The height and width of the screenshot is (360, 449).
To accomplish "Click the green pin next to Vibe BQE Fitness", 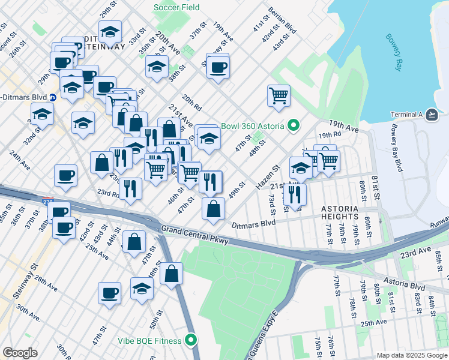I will click(191, 341).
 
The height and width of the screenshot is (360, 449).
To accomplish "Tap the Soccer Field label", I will click(176, 8).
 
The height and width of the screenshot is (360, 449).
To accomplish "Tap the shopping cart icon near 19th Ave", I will click(279, 95).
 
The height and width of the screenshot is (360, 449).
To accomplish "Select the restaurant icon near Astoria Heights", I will click(294, 194).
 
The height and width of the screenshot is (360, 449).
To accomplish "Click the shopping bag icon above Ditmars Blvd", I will click(213, 209).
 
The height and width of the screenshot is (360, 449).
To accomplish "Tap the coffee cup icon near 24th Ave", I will click(65, 175).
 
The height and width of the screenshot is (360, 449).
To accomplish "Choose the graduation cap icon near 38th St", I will click(157, 67).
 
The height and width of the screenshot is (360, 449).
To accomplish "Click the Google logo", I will click(20, 353).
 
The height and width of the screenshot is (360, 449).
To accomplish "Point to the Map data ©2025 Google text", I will click(411, 355).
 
